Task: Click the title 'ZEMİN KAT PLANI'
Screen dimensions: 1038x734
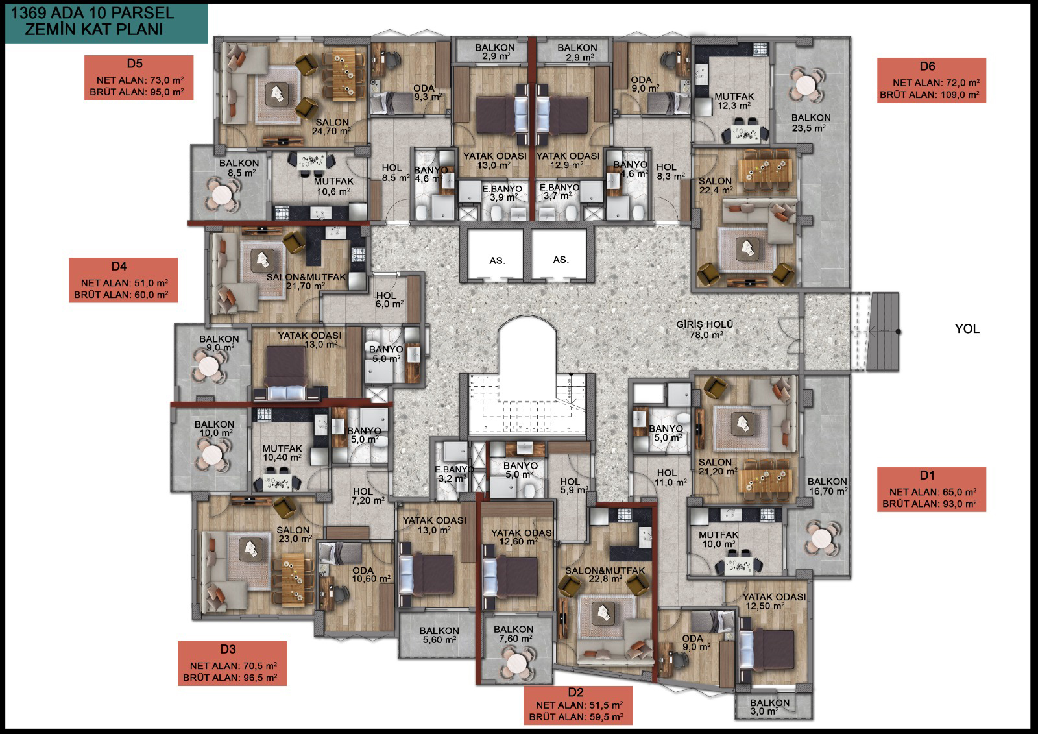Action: tap(94, 29)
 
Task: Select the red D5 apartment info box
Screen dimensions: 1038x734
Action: tap(139, 77)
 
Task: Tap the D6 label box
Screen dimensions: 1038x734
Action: tap(932, 80)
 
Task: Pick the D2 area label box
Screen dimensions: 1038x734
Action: tap(578, 705)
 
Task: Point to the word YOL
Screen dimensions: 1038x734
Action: tap(967, 329)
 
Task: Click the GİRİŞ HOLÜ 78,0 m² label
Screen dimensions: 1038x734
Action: tap(705, 329)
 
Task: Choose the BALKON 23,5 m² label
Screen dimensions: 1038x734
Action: tap(811, 123)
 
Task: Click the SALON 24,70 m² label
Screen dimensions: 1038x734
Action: tap(332, 127)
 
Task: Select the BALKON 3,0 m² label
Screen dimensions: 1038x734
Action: tap(769, 707)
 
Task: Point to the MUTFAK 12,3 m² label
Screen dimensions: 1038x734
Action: tap(734, 101)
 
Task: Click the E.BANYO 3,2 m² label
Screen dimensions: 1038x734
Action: tap(453, 474)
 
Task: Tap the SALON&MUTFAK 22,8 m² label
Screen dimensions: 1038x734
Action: tap(605, 574)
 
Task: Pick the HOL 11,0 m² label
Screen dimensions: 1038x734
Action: tap(670, 478)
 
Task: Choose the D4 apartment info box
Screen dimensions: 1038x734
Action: tap(123, 280)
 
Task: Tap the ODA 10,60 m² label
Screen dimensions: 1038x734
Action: tap(370, 574)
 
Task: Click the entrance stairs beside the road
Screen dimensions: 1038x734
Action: tap(884, 332)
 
